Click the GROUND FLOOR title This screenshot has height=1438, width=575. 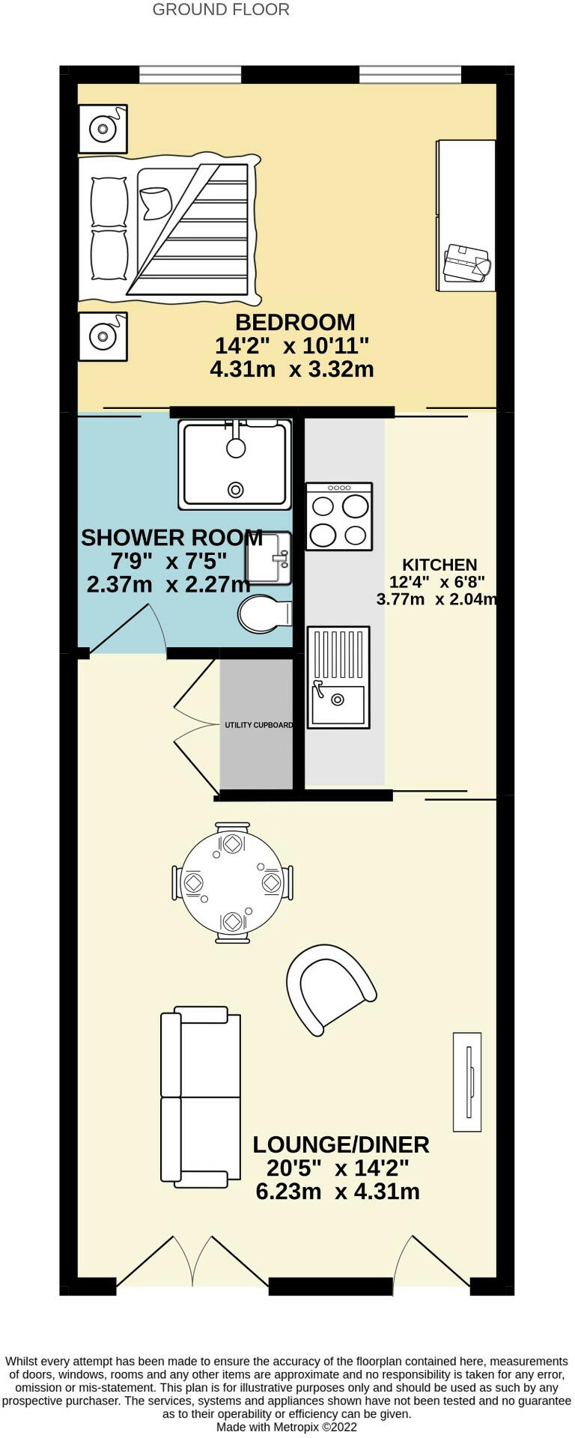click(221, 10)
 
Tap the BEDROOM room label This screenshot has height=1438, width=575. click(295, 323)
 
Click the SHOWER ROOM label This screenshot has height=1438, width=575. click(171, 538)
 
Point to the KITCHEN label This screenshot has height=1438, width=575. click(439, 565)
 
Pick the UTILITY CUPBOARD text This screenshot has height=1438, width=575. click(259, 725)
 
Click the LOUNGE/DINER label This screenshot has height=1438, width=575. click(341, 1145)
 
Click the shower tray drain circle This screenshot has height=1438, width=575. click(237, 491)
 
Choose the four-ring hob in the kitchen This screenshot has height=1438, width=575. click(339, 517)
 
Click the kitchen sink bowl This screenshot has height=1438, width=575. click(338, 700)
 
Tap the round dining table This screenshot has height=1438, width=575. click(232, 882)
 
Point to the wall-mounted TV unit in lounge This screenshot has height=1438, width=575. click(466, 1081)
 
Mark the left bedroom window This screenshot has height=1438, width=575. click(190, 74)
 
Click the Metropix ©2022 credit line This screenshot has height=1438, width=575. click(287, 1428)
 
